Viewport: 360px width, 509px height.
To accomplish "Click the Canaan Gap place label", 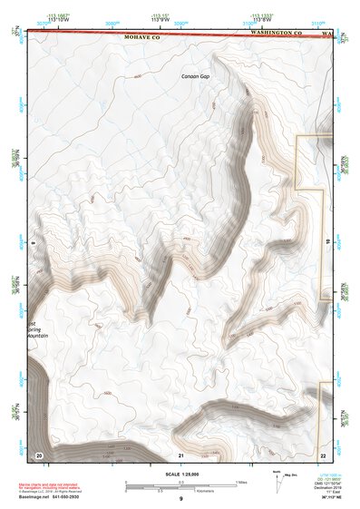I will click(195, 76).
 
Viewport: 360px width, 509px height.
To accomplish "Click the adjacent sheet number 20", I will click(38, 454).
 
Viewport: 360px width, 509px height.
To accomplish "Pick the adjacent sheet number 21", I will click(181, 454).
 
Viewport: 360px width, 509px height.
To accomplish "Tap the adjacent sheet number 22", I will click(323, 454).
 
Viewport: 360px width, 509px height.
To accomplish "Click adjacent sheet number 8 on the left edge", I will click(33, 244).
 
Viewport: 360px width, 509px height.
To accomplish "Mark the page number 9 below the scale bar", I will click(180, 499).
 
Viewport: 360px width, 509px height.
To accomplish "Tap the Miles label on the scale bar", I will click(240, 481).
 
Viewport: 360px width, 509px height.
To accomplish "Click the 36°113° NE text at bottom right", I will click(335, 498).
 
